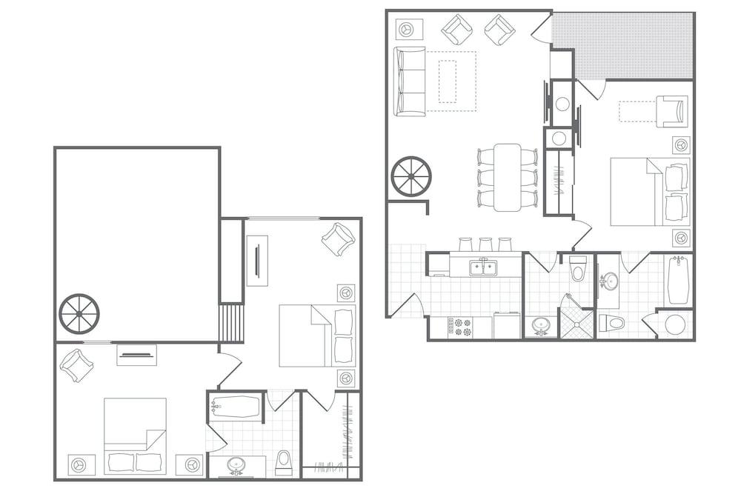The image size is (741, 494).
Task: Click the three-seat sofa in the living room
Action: coord(410,81)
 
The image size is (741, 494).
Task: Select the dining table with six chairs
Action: coord(508,176)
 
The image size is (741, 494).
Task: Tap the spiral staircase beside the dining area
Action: coord(411,176)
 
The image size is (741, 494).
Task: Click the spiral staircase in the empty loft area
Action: coord(79,314)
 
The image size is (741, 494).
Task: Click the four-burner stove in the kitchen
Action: coord(458,327)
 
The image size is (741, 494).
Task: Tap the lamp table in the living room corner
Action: coord(407,29)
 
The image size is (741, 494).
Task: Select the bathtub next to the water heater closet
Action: coord(679,280)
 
